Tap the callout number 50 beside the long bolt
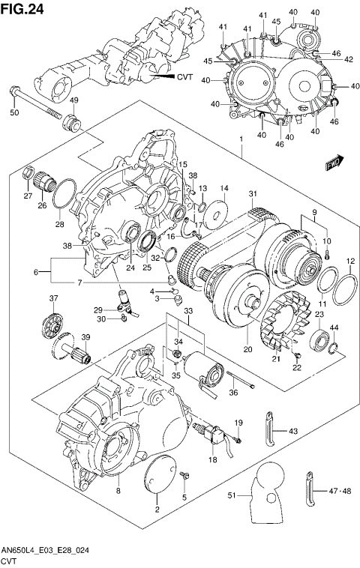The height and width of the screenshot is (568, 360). coord(13,112)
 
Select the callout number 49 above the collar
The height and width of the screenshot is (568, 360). coord(73,100)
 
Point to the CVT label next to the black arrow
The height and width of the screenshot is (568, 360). coord(184,76)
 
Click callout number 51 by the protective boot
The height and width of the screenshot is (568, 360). coord(232,495)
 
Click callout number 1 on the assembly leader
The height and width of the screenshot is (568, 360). coord(241,140)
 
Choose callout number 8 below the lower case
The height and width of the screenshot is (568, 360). coord(117,491)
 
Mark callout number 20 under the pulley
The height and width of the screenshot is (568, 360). coord(244,348)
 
